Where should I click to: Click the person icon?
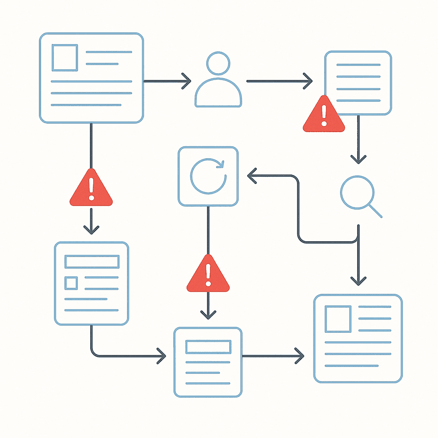coord(218,81)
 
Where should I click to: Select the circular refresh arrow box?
coord(208,176)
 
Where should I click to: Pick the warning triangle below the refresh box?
coord(208,275)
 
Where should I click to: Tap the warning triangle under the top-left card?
coord(91,189)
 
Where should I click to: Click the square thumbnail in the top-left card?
coord(65,58)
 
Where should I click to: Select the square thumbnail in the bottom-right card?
coord(338,319)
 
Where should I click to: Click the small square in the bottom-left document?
coord(71,283)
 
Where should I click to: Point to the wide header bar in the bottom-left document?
coord(91,261)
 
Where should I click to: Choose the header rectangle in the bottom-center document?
coord(208,347)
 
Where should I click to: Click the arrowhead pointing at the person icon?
coord(186,81)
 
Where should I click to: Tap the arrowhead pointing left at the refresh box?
coord(252,175)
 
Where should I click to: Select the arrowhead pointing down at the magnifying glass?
coord(358,159)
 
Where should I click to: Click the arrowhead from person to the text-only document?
coord(308,81)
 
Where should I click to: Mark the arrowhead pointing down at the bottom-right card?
coord(358,281)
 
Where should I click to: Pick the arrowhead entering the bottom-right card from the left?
coord(299,355)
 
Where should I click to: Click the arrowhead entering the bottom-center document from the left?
coord(161,355)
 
